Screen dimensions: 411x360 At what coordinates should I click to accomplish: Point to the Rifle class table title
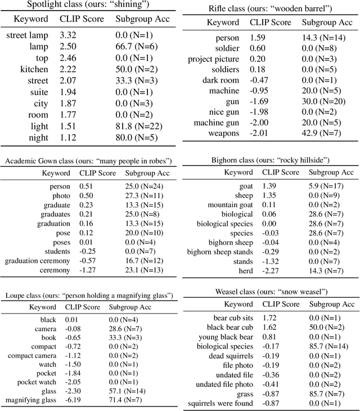(269, 10)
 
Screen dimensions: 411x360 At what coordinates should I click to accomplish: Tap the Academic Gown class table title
(88, 162)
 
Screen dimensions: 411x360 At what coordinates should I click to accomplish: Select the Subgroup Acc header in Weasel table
(328, 305)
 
